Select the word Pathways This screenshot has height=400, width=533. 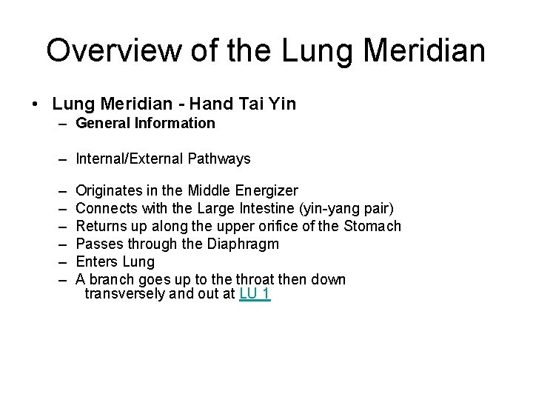pos(221,159)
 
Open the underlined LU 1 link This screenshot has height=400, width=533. pos(255,294)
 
